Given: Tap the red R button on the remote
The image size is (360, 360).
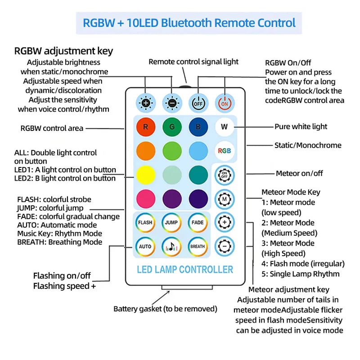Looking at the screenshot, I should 145,127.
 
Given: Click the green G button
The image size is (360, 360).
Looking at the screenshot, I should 171,127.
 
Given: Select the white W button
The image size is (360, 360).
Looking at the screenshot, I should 224,127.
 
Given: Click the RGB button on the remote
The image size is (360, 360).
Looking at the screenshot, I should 224,151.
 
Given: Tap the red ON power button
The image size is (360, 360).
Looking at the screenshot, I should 224,103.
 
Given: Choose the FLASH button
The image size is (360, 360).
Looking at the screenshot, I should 145,222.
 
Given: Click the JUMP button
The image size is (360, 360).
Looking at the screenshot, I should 171,222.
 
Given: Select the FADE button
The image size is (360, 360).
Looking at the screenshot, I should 198,222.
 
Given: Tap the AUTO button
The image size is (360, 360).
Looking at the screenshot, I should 145,246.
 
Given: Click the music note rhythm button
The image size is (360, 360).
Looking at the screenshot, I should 171,246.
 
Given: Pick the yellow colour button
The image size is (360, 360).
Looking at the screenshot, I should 145,175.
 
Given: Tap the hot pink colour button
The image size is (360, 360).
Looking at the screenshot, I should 145,198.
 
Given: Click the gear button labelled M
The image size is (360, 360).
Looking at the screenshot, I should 224,198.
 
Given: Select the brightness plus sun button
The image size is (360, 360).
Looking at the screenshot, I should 145,103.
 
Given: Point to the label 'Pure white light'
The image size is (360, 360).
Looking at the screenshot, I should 301,126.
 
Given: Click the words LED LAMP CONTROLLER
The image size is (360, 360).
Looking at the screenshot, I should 185,270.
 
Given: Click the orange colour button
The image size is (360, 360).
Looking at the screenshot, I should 145,151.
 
